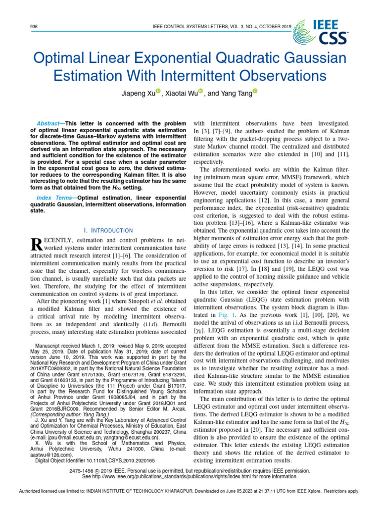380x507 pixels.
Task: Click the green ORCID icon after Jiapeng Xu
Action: point(158,91)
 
